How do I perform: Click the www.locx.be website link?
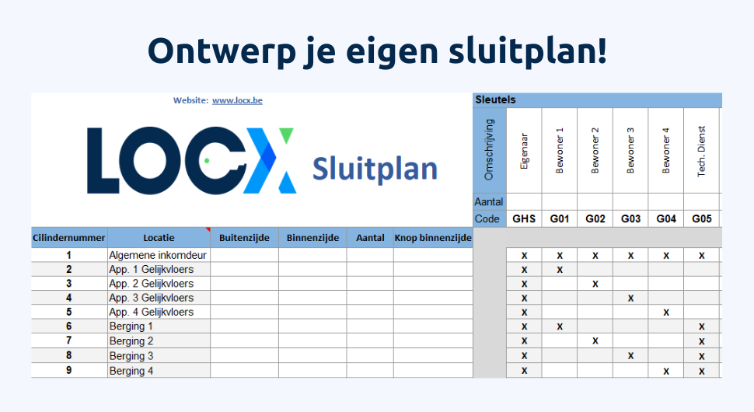tap(237, 100)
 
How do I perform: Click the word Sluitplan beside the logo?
tap(375, 168)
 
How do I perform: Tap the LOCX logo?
tap(191, 160)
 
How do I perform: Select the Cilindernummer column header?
tap(69, 238)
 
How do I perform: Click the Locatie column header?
tap(159, 238)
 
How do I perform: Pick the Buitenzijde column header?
tap(244, 238)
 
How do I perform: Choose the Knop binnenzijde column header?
tap(433, 238)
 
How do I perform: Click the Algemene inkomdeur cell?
tap(158, 255)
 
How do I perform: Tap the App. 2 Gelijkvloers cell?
tap(152, 284)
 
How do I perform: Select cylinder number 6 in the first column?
tap(69, 326)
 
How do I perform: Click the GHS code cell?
tap(524, 219)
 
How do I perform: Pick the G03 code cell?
tap(630, 219)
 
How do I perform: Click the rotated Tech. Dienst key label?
tap(701, 151)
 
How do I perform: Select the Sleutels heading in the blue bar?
tap(495, 100)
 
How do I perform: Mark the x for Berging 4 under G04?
tap(666, 371)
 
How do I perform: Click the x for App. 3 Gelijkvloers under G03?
tap(630, 298)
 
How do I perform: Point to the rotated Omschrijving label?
tap(489, 150)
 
